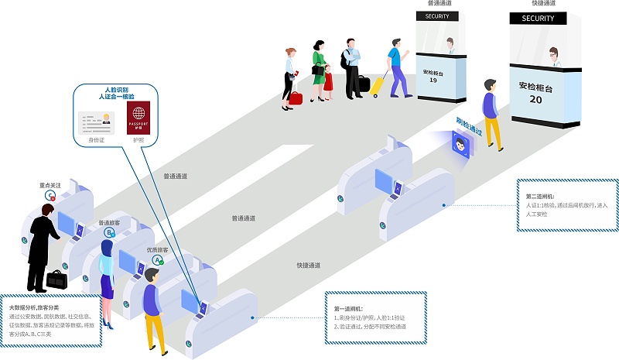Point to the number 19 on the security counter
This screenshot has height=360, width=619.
[x=433, y=80]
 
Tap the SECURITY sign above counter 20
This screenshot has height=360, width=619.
[x=538, y=19]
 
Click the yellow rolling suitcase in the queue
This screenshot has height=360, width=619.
[x=379, y=84]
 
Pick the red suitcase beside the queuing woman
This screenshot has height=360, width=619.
[x=296, y=98]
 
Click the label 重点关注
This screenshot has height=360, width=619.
[x=50, y=186]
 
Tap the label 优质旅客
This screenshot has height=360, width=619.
[x=158, y=251]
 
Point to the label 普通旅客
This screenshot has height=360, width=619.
[x=109, y=223]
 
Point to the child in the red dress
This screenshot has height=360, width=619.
[x=328, y=80]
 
